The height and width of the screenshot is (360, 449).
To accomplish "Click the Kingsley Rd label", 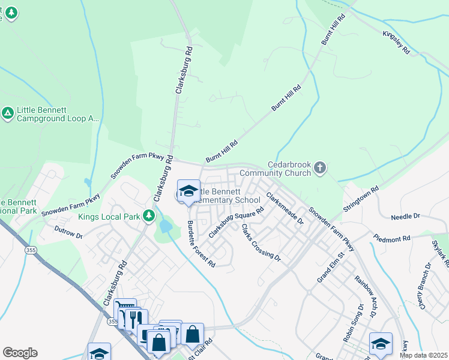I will coord(396,43).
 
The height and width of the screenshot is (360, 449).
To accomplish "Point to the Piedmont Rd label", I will coord(391,238).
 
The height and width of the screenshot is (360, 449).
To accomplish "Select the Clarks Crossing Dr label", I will coord(261,242).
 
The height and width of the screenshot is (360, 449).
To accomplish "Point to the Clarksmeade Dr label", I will coord(285,208).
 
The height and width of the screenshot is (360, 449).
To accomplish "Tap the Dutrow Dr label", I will coord(68,232).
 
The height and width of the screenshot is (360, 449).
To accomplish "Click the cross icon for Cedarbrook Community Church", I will coord(320,167).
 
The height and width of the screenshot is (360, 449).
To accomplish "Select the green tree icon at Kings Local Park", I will coord(148,215).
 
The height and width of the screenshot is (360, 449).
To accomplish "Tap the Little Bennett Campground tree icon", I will coord(7,113).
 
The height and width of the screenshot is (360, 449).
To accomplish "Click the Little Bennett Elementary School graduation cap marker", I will coord(188,191).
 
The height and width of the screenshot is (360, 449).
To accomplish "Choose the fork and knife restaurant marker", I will coord(135,318).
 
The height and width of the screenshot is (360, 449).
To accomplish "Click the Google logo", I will coord(20,353).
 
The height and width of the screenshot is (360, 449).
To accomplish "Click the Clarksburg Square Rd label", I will coord(236,222).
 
